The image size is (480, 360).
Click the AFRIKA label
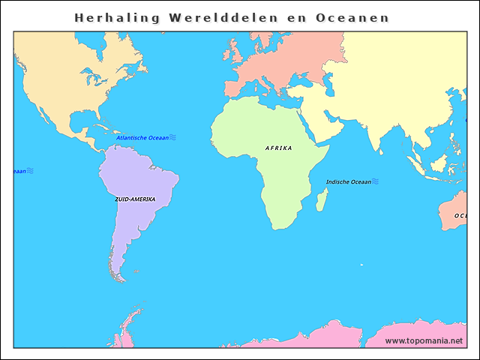(279, 148)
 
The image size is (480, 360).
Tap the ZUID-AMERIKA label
(135, 199)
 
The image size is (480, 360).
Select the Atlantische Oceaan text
(142, 138)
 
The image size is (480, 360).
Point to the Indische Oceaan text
(348, 182)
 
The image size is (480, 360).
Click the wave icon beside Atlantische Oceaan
(172, 137)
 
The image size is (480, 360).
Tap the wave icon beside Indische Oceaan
(375, 181)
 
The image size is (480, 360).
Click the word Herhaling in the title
(118, 17)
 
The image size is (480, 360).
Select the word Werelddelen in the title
(225, 17)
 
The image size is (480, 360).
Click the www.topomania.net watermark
(424, 340)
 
